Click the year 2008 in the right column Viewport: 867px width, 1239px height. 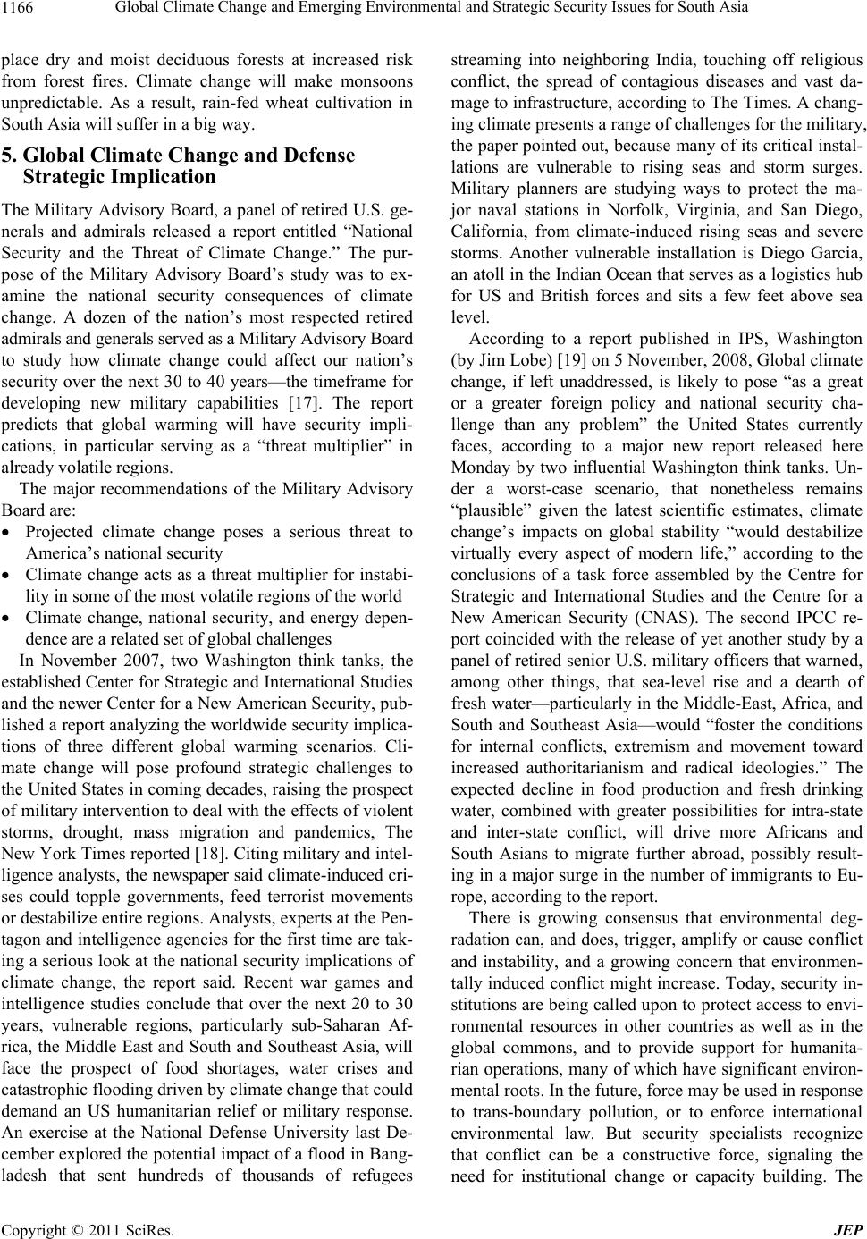[701, 359]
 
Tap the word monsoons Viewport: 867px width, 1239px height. [380, 82]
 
